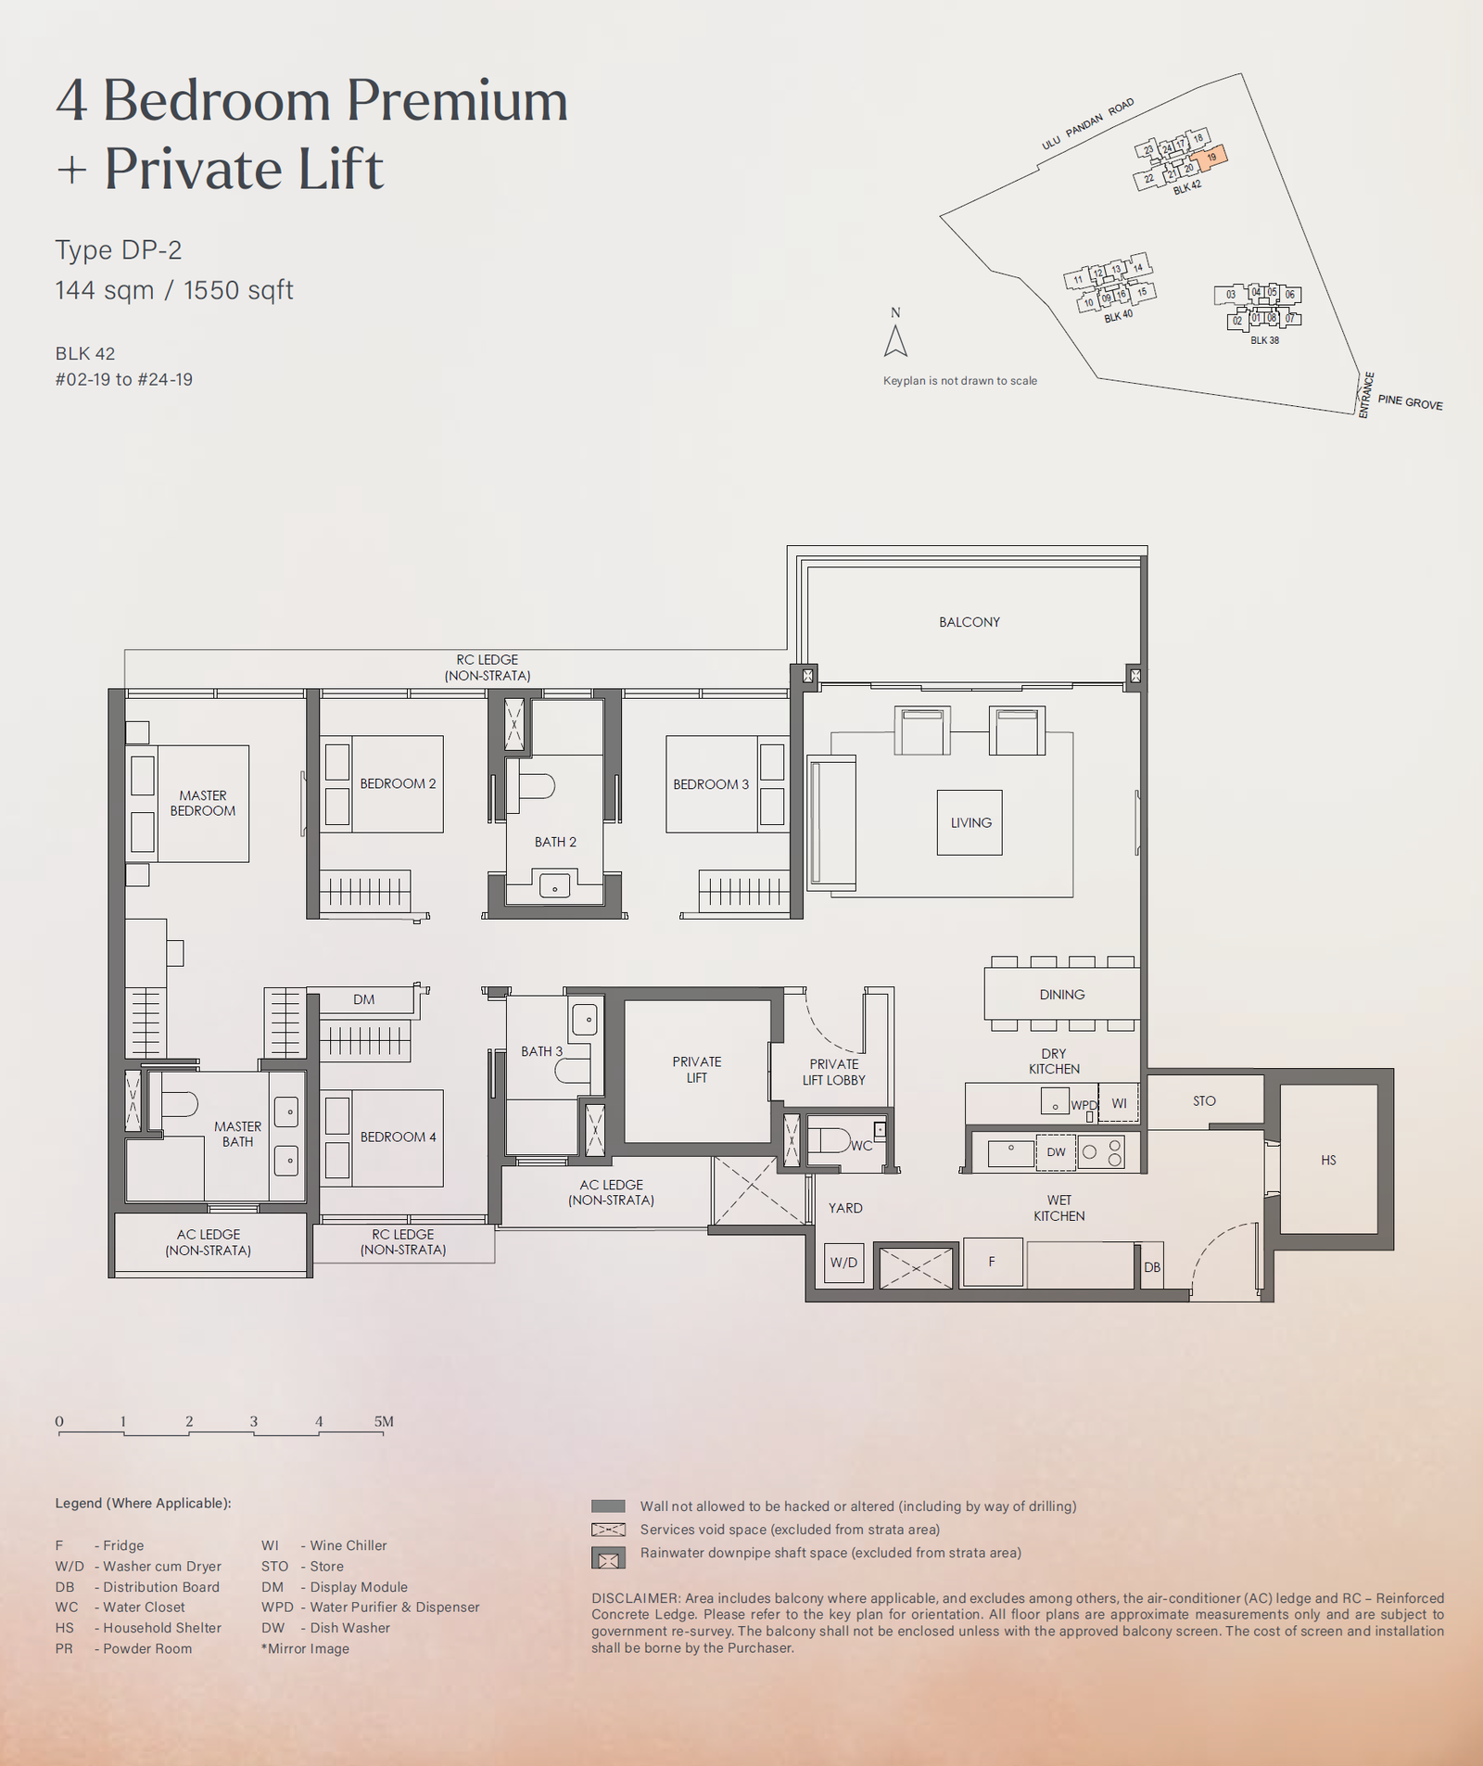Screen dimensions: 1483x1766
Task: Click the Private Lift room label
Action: pyautogui.click(x=697, y=1070)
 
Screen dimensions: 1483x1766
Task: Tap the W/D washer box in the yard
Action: pyautogui.click(x=843, y=1263)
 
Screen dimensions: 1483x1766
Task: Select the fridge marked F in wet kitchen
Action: pyautogui.click(x=993, y=1262)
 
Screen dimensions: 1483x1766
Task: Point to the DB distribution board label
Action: pyautogui.click(x=1152, y=1267)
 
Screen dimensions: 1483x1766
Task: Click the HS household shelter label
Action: pyautogui.click(x=1328, y=1161)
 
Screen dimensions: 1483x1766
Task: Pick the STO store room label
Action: pyautogui.click(x=1204, y=1101)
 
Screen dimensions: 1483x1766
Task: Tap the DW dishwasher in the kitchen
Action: pyautogui.click(x=1057, y=1152)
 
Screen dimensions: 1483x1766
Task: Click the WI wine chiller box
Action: pyautogui.click(x=1119, y=1103)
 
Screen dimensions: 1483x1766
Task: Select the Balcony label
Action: pyautogui.click(x=970, y=622)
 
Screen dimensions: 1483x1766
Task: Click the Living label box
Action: pyautogui.click(x=970, y=822)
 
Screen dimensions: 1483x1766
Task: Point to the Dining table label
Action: pyautogui.click(x=1062, y=995)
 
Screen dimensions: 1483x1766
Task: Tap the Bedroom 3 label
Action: pyautogui.click(x=711, y=784)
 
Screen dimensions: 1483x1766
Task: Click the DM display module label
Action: pyautogui.click(x=364, y=999)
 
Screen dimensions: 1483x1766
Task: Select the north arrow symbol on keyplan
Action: pyautogui.click(x=895, y=340)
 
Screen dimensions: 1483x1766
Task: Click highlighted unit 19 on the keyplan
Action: pyautogui.click(x=1211, y=158)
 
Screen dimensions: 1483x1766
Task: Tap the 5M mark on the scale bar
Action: pyautogui.click(x=384, y=1421)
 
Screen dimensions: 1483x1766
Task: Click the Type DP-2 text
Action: pyautogui.click(x=119, y=250)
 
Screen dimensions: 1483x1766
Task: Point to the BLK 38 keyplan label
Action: pyautogui.click(x=1264, y=340)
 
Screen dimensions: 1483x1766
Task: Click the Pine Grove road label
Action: pyautogui.click(x=1410, y=402)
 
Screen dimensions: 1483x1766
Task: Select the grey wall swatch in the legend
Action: pyautogui.click(x=608, y=1506)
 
